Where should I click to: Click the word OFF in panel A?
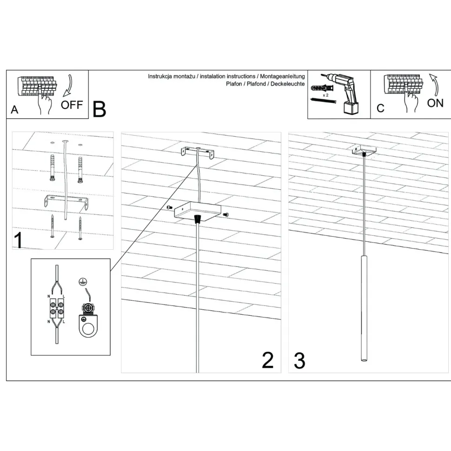click(72, 104)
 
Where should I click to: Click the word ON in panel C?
click(435, 103)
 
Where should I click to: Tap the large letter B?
click(99, 109)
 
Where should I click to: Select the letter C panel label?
click(380, 108)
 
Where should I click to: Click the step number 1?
click(19, 240)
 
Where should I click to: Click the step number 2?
click(268, 360)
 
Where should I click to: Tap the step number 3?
click(299, 361)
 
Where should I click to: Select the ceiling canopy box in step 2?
click(197, 212)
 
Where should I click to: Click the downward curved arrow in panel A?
click(69, 83)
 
